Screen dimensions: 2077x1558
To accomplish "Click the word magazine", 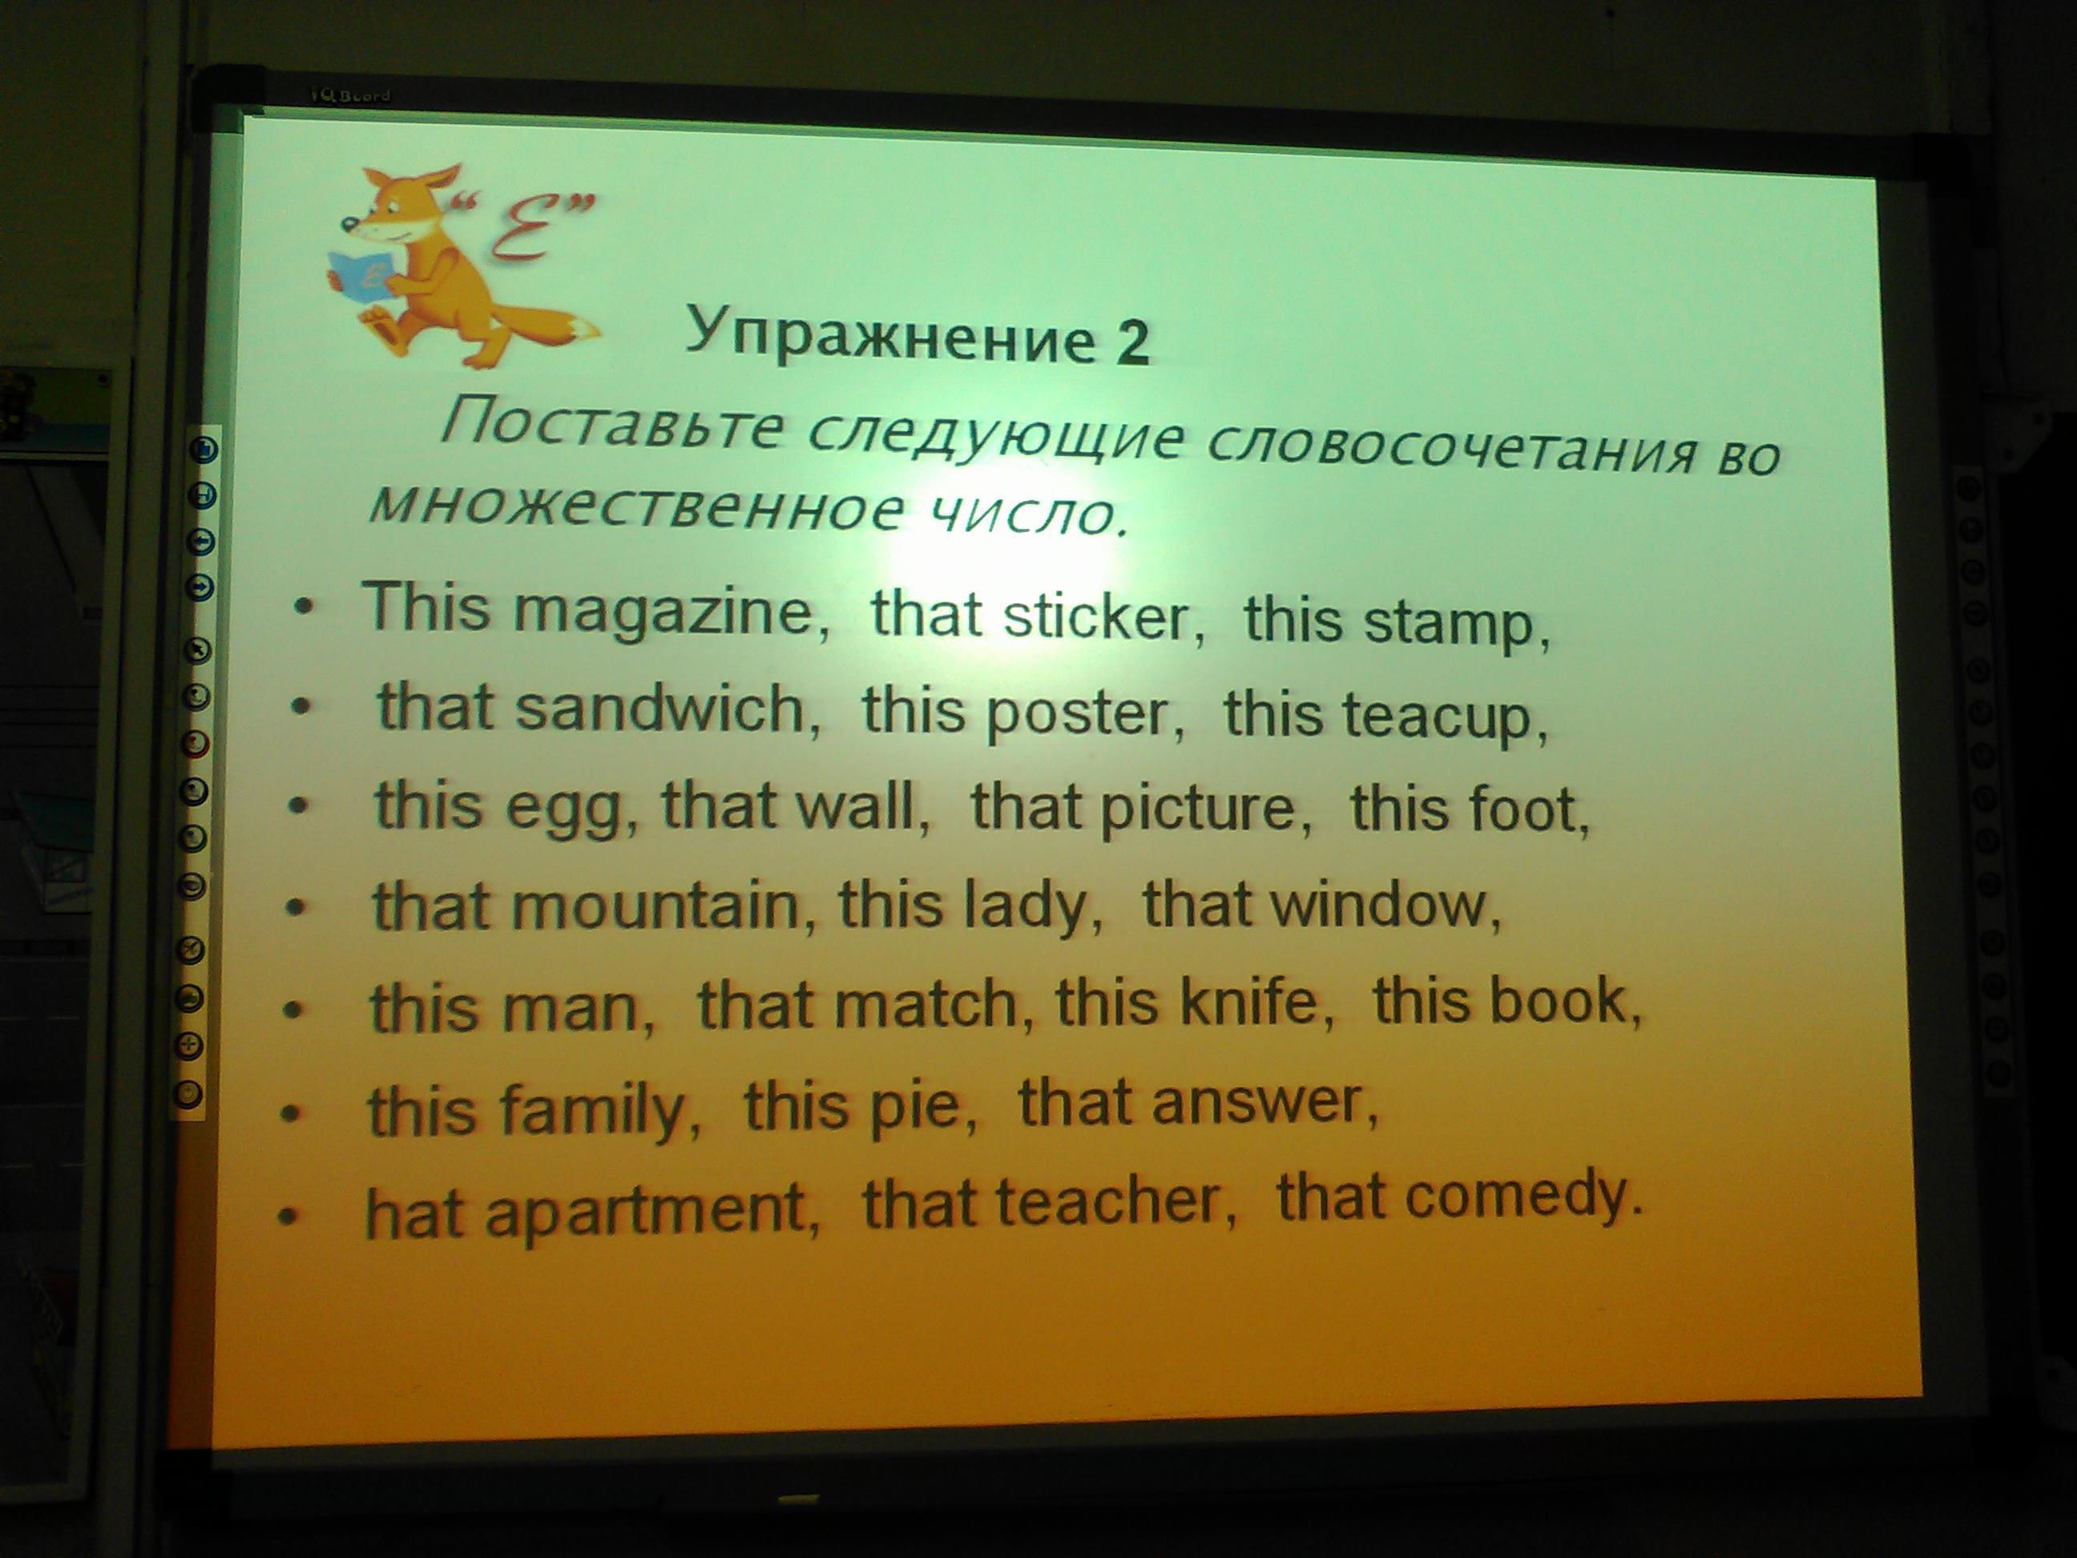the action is pos(671,612).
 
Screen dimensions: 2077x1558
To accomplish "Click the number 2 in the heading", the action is pos(1132,342).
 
